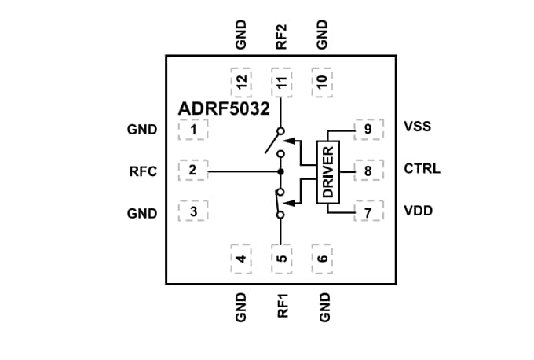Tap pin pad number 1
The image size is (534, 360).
pyautogui.click(x=193, y=129)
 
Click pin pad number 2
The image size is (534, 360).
pyautogui.click(x=193, y=169)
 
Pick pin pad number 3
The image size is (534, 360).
pyautogui.click(x=193, y=212)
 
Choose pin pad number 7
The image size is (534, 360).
pyautogui.click(x=368, y=211)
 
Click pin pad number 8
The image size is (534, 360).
pyautogui.click(x=368, y=169)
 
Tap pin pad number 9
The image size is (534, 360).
pyautogui.click(x=368, y=128)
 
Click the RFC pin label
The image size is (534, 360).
pyautogui.click(x=144, y=170)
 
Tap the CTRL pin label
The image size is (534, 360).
pyautogui.click(x=422, y=169)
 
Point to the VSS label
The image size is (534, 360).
pyautogui.click(x=417, y=127)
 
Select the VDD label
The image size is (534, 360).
pyautogui.click(x=418, y=211)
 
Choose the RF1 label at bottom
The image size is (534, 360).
pyautogui.click(x=282, y=305)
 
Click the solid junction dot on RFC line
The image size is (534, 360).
pyautogui.click(x=280, y=170)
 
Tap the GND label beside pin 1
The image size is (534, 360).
pyautogui.click(x=142, y=130)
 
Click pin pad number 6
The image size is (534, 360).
pyautogui.click(x=322, y=258)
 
